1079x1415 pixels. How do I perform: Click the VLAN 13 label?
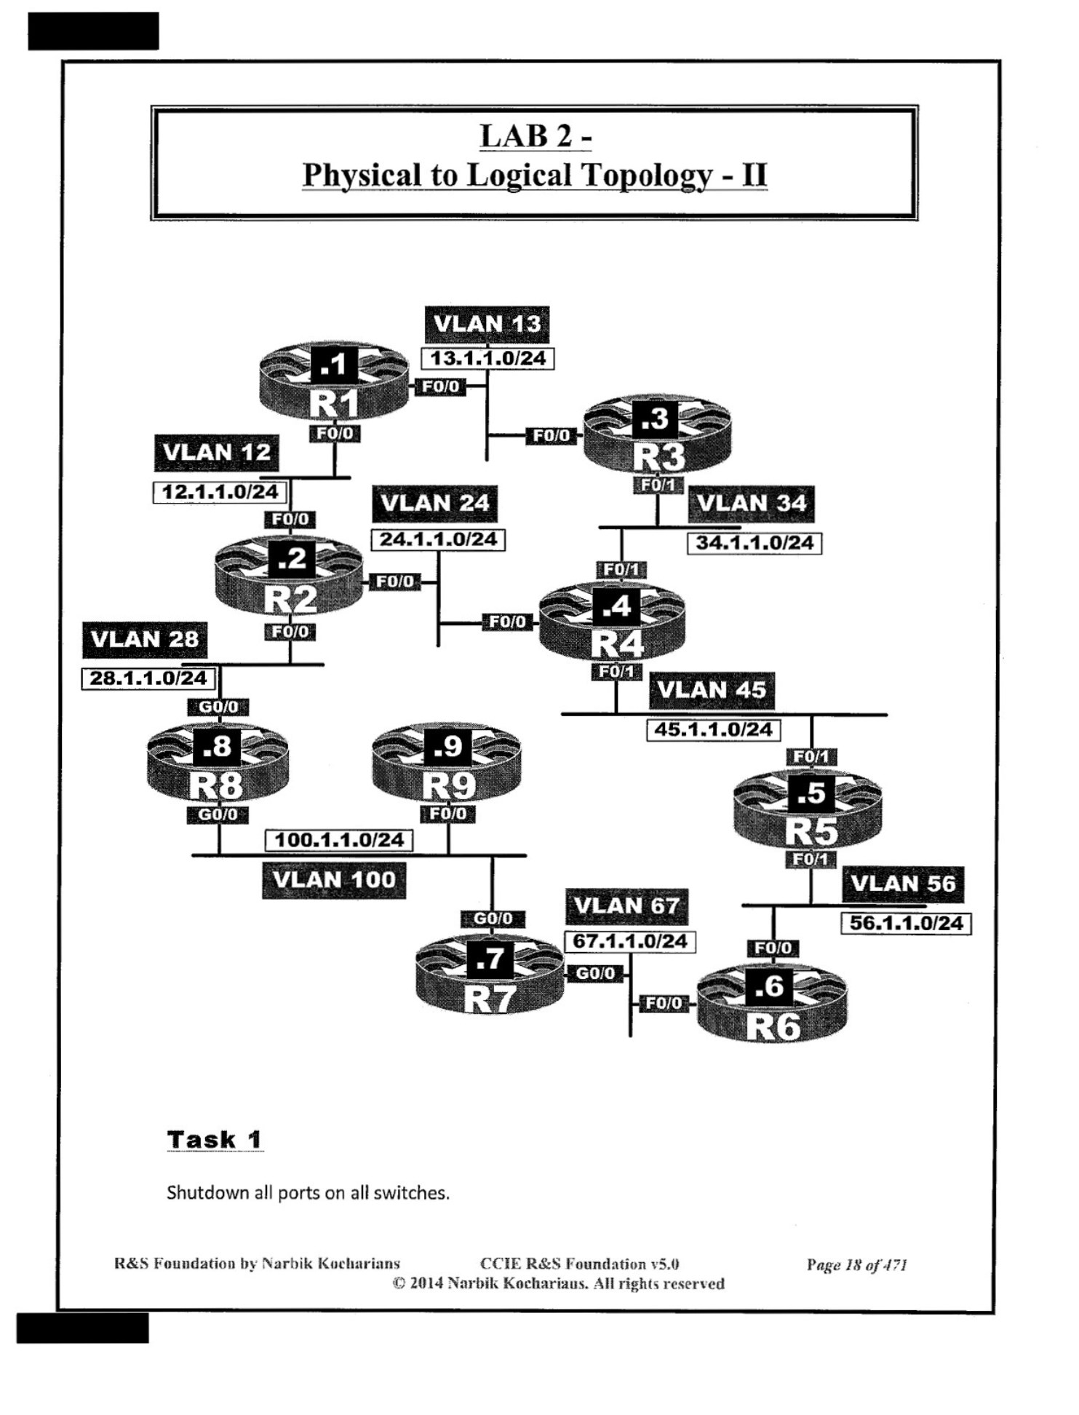[487, 324]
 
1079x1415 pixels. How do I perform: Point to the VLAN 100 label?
[334, 880]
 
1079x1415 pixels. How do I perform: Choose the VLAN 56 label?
[903, 884]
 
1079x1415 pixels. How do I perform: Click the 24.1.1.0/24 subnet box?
[438, 539]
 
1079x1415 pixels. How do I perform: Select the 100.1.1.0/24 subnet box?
[339, 840]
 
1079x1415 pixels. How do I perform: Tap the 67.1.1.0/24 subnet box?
[630, 941]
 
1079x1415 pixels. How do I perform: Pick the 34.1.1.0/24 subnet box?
[754, 543]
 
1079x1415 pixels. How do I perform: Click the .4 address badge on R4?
[616, 606]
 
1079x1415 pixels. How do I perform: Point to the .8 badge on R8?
[217, 746]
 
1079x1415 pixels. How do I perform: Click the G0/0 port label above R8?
[218, 707]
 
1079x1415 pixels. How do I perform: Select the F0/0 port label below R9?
[448, 814]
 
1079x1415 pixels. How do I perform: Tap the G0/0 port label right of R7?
[595, 973]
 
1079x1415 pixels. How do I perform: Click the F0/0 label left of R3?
[552, 435]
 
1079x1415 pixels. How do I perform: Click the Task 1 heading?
[215, 1140]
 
